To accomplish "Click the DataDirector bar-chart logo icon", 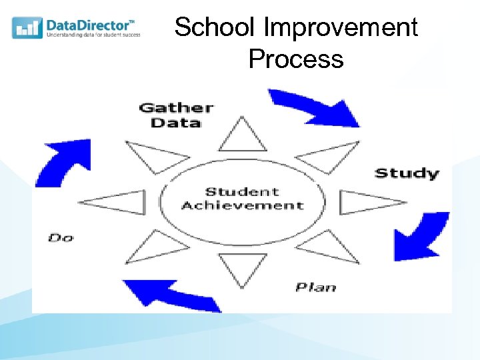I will (27, 27).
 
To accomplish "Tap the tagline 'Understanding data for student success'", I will (93, 35).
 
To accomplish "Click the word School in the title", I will (215, 28).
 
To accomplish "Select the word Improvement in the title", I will (341, 28).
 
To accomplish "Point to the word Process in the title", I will (295, 59).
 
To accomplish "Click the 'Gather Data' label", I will (175, 115).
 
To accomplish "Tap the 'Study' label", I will (407, 173).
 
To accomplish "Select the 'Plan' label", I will (315, 287).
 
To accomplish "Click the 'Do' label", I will (61, 237).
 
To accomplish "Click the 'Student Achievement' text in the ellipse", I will (242, 199).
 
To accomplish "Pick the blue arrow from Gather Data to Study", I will (315, 108).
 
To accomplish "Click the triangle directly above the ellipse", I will (243, 137).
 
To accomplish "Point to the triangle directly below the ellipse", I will (242, 266).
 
